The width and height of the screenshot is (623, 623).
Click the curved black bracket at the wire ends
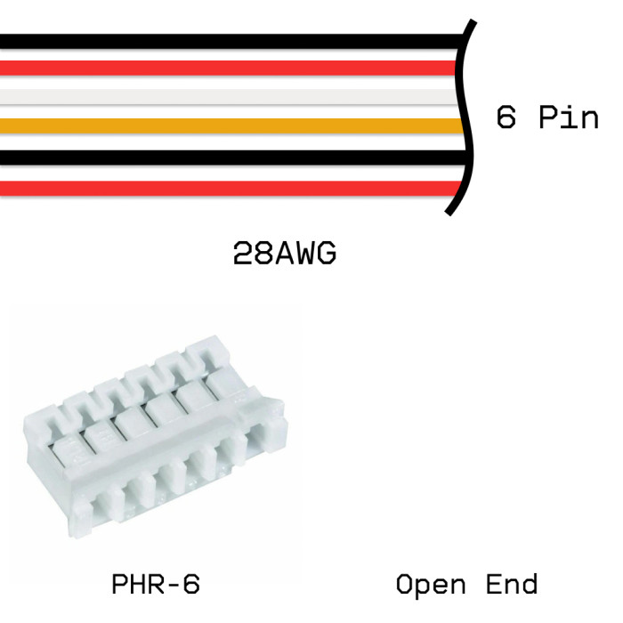[x=464, y=116]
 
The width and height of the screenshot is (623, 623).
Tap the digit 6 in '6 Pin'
[x=506, y=117]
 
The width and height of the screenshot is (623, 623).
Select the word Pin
[x=569, y=117]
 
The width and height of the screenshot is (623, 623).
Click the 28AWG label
[x=285, y=255]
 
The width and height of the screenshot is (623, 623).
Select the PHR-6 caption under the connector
[x=156, y=585]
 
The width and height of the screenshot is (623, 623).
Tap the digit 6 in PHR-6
[x=190, y=585]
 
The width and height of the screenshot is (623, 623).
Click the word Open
[x=431, y=585]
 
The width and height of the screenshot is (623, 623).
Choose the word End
[x=512, y=585]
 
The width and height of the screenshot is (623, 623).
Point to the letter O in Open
[x=405, y=585]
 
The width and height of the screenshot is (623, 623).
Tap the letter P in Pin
[x=549, y=117]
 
